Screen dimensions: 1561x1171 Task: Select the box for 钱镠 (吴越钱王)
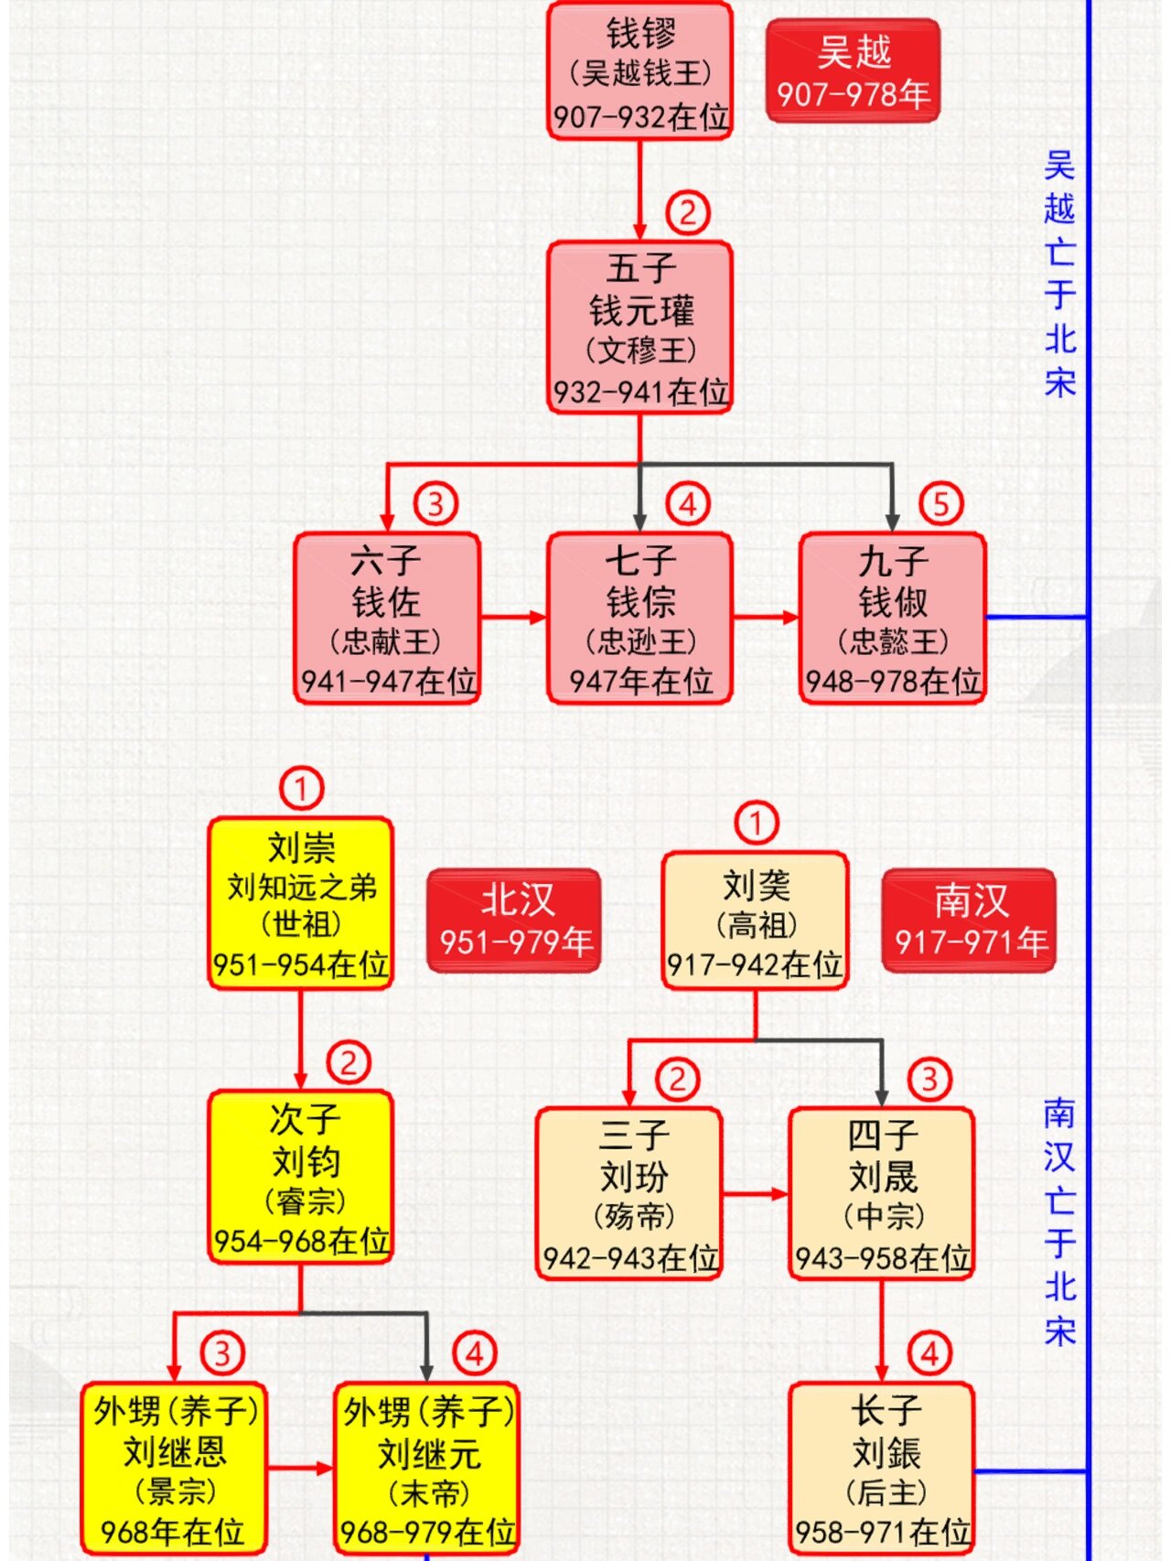point(639,71)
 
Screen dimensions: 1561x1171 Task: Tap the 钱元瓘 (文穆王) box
point(639,328)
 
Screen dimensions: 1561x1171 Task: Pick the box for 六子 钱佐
point(386,619)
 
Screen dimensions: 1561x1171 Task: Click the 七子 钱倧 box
point(639,619)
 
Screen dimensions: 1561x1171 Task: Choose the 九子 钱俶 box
point(892,619)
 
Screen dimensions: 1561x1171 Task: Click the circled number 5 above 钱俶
point(940,503)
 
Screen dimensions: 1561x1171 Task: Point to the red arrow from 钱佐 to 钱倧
point(513,617)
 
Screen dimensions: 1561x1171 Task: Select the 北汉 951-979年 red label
point(514,920)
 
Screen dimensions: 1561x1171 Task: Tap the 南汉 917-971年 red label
point(969,920)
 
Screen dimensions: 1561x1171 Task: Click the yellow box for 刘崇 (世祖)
point(301,904)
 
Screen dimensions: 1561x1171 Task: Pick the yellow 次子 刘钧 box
point(301,1177)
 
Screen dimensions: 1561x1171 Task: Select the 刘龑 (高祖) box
point(755,920)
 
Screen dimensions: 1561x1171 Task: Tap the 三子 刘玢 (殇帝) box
point(628,1193)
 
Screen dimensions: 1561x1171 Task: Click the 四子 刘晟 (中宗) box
point(882,1193)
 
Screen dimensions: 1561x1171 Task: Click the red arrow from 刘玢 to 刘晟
point(755,1193)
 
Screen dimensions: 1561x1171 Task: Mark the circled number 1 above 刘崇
point(301,788)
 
